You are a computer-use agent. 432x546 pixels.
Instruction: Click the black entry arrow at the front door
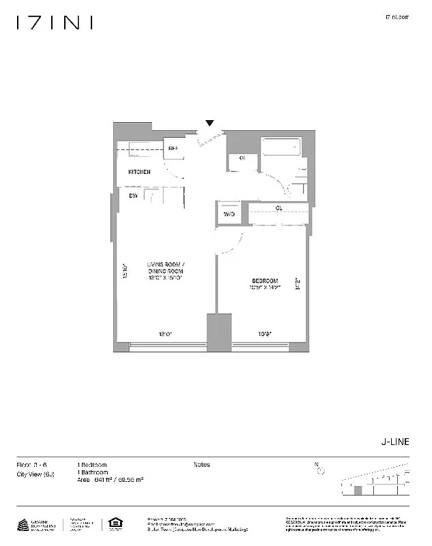[x=210, y=124]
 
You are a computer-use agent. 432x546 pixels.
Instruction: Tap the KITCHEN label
[x=139, y=171]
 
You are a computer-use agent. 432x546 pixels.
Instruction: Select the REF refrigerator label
[x=173, y=148]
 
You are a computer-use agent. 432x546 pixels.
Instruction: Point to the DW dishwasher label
[x=134, y=196]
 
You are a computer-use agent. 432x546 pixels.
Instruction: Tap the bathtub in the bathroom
[x=281, y=149]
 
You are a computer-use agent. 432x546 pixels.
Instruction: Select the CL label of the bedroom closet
[x=278, y=207]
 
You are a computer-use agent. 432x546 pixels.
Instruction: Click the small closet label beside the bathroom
[x=242, y=159]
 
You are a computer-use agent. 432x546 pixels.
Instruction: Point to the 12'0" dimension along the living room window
[x=166, y=334]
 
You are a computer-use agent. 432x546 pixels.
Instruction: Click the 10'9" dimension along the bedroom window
[x=264, y=334]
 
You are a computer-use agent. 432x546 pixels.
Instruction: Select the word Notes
[x=202, y=465]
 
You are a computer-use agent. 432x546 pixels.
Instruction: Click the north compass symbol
[x=319, y=469]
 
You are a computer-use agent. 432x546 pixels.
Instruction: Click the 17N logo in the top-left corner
[x=55, y=23]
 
